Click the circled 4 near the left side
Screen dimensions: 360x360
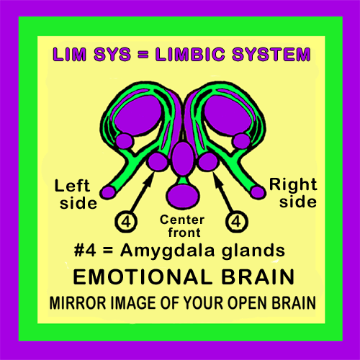[126, 222]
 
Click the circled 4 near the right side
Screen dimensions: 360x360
[237, 222]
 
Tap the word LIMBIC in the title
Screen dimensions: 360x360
[190, 54]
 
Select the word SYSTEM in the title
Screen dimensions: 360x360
[271, 54]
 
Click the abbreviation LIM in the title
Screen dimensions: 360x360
[69, 54]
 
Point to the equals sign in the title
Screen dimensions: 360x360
[143, 54]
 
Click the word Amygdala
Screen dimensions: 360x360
[167, 251]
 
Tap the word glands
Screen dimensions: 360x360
[253, 251]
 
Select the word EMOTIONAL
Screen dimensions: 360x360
[143, 277]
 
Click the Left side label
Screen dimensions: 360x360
[76, 194]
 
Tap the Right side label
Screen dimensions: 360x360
[293, 192]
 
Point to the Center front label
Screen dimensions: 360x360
[182, 226]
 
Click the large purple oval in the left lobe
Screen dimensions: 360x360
[138, 115]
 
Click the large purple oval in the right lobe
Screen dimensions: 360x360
[228, 115]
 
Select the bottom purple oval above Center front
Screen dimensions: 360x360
[183, 195]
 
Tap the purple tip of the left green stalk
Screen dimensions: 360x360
[108, 192]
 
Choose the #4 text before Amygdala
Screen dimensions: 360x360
[85, 250]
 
